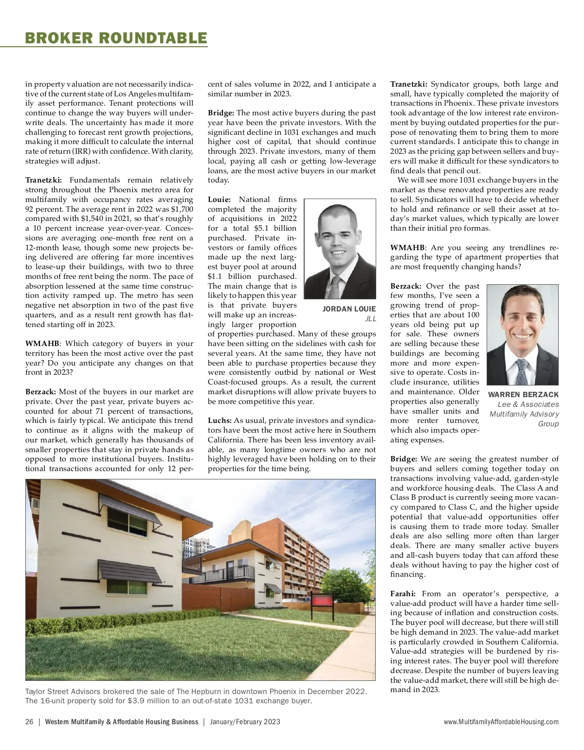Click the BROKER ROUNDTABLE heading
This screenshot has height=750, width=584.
tap(116, 37)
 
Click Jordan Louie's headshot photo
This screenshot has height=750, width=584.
tap(340, 248)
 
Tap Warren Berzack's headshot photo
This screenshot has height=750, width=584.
tap(523, 334)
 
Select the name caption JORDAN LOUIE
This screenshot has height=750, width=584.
tap(349, 309)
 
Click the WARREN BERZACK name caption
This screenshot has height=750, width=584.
tap(523, 394)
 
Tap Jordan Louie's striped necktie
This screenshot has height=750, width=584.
tap(336, 287)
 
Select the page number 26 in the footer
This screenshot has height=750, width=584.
tap(29, 722)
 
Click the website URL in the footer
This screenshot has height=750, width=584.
tap(501, 722)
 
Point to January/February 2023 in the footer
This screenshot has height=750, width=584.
tap(245, 722)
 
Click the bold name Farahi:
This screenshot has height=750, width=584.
tap(403, 593)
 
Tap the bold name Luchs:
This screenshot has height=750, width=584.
tap(219, 421)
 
